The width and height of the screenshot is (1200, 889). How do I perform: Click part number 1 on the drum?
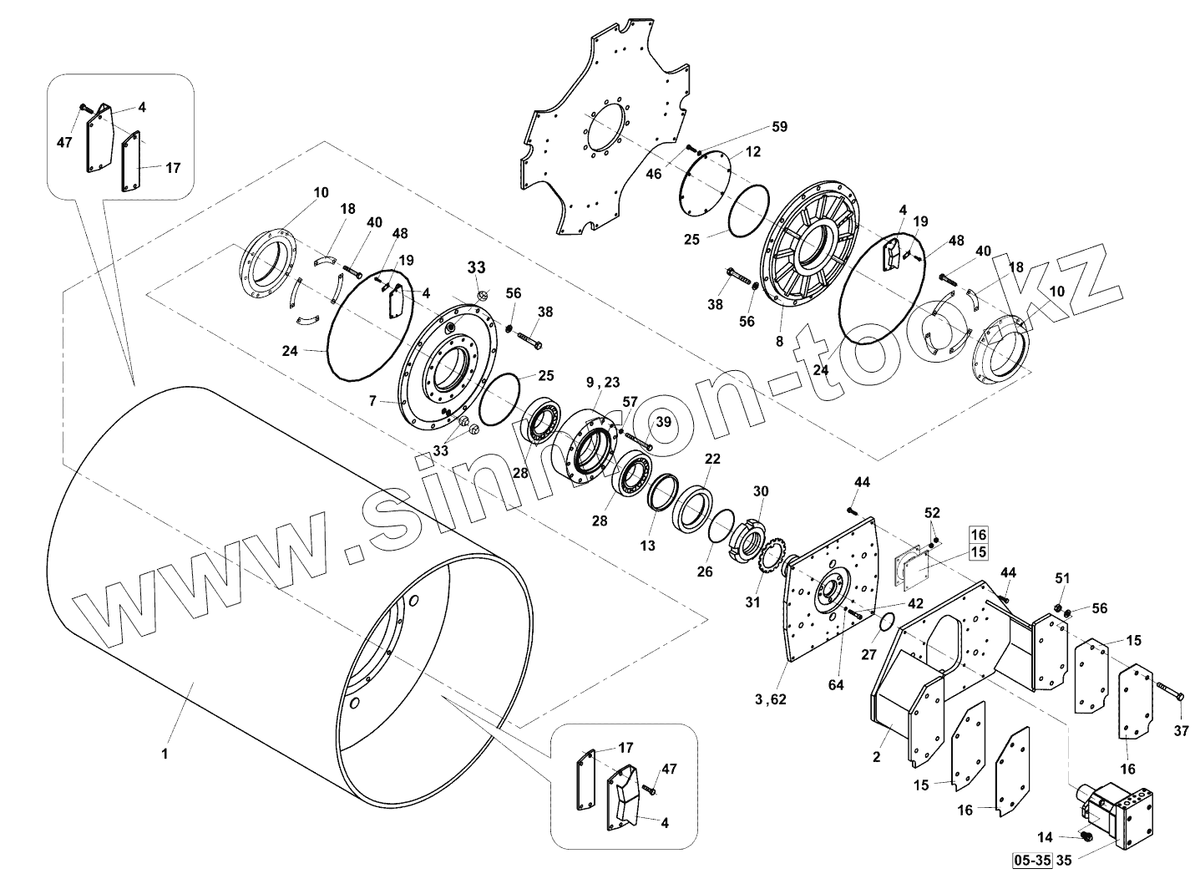[165, 754]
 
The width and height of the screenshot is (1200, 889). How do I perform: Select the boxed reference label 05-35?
[1030, 859]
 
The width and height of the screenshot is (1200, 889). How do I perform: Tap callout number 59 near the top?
[778, 127]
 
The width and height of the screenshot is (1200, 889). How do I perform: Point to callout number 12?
[752, 152]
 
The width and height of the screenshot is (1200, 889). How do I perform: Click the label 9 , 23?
[603, 384]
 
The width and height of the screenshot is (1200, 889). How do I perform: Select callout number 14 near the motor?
[1046, 837]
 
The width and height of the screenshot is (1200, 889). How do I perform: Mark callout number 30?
[760, 490]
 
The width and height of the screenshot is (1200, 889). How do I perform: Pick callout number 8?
[780, 342]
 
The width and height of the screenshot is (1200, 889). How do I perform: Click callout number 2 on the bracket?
[876, 758]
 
